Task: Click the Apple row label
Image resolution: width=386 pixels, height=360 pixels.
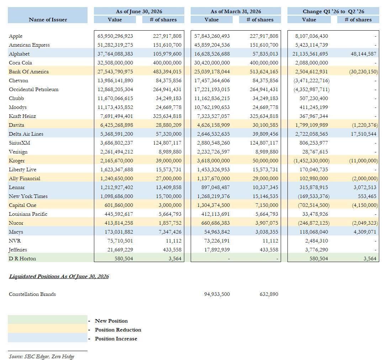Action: click(16, 36)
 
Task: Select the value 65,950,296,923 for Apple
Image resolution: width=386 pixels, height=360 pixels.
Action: click(115, 36)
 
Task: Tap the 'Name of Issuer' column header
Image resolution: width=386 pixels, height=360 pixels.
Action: click(48, 20)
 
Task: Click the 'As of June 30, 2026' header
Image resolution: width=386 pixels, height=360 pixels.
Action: click(139, 11)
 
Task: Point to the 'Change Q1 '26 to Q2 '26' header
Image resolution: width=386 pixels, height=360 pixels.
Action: click(333, 11)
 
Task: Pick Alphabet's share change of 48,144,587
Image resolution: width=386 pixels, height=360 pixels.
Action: click(363, 54)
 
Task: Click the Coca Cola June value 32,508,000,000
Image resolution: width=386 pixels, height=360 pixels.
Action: click(115, 63)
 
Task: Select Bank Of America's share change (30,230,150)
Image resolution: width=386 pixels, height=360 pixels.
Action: click(363, 72)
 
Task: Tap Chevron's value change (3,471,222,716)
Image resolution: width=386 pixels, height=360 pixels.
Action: click(311, 80)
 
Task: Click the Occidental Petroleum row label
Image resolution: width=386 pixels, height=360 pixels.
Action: click(34, 89)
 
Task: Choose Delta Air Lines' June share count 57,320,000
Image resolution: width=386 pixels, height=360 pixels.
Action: click(168, 134)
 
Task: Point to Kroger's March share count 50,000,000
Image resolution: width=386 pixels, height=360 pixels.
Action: click(265, 160)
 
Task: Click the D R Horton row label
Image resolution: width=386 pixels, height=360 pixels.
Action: click(22, 259)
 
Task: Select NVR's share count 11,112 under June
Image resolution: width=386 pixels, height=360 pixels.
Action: click(174, 241)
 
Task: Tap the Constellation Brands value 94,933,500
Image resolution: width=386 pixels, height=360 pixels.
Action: click(217, 294)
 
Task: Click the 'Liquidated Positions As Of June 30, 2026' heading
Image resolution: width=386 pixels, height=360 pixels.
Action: click(59, 276)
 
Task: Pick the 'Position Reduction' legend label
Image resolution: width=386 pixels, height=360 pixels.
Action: click(118, 330)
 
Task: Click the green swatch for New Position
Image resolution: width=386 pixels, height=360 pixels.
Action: click(48, 320)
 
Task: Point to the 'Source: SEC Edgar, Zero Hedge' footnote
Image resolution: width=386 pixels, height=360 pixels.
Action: click(42, 356)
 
